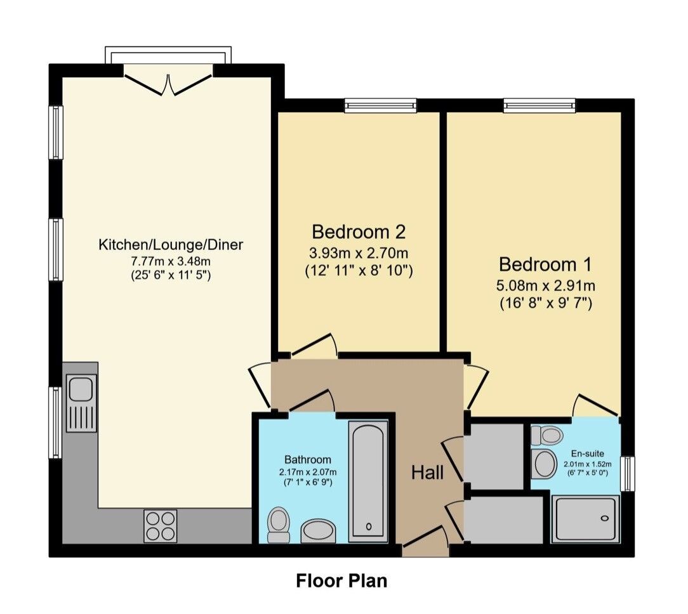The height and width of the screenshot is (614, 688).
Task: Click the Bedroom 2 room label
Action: point(359,231)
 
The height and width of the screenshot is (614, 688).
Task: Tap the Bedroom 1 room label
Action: point(545,264)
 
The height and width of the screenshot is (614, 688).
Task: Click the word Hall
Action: point(427,472)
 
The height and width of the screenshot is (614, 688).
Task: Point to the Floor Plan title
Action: point(341,580)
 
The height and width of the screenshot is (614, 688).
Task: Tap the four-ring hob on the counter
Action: point(161,526)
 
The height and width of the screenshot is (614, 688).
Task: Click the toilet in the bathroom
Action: point(278,525)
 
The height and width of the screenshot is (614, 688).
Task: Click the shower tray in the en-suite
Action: point(585,519)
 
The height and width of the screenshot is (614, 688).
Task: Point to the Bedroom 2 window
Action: point(380,105)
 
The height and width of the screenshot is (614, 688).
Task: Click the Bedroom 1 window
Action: point(539,105)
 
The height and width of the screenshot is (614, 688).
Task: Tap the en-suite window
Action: point(627,473)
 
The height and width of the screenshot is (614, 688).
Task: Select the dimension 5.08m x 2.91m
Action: point(545,285)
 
